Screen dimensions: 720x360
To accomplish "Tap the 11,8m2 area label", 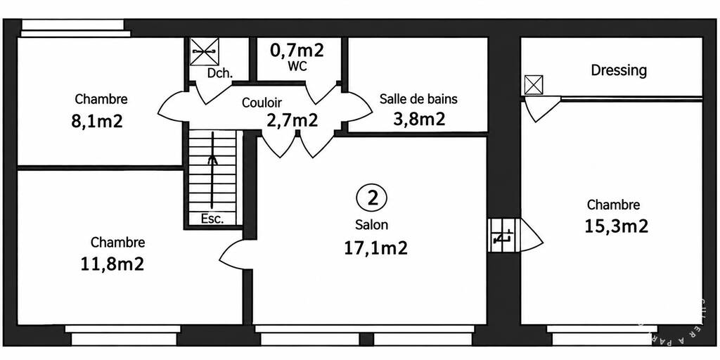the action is pos(112,264).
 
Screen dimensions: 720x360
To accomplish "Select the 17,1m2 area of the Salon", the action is pos(375,248).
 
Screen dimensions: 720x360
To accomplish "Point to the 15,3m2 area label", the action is pos(616,226).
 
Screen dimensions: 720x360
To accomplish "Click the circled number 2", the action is pos(371,198).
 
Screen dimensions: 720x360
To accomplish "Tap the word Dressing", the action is pos(619,71).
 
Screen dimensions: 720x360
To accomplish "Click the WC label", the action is pos(297,66).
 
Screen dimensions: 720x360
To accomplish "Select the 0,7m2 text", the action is pos(297,50).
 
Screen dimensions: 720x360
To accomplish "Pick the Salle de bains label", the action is pos(419,98).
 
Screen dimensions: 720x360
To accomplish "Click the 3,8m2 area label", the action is pos(419,119).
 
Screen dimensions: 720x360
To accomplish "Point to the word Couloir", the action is pos(262,103).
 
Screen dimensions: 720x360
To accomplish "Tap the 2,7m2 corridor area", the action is pos(292,120).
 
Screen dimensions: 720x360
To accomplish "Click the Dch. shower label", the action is pos(219,74).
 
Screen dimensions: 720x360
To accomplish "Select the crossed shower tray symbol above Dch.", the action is pos(205,52).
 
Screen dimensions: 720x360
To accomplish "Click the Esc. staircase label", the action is pos(212,219).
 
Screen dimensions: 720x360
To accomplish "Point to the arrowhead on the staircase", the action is pos(212,160).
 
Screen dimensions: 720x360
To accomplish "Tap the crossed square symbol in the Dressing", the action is pos(534,85).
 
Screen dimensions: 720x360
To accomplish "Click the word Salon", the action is pos(371,226).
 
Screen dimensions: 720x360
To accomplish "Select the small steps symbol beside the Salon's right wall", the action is pos(503,235).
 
